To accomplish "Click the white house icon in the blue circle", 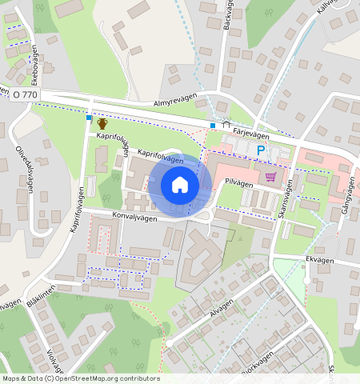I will tap(180, 186).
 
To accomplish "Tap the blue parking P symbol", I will tap(260, 150).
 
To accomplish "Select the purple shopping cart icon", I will tap(271, 176).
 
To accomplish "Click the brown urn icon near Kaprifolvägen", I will tap(102, 123).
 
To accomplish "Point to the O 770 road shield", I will tap(26, 94).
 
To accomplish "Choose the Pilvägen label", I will tap(238, 182).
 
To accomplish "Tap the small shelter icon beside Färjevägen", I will tap(225, 126).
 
